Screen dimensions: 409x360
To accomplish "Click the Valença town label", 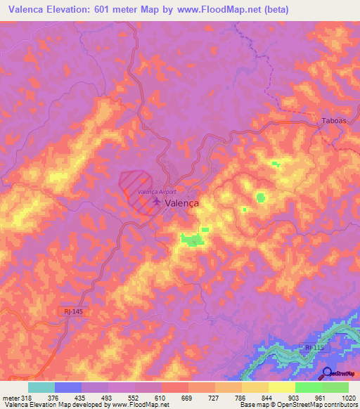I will pos(183,202).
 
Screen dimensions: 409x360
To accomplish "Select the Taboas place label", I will pos(334,121).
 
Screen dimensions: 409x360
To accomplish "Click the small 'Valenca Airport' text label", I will pos(157,191).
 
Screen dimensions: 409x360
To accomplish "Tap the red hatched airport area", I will pos(136,184).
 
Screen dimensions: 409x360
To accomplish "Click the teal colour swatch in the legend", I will pos(41,387).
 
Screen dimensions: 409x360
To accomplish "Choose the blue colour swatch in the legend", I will pos(68,387).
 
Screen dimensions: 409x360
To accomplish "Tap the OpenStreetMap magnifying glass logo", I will pos(327,374).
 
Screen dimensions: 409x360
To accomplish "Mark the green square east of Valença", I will pos(261,197).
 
